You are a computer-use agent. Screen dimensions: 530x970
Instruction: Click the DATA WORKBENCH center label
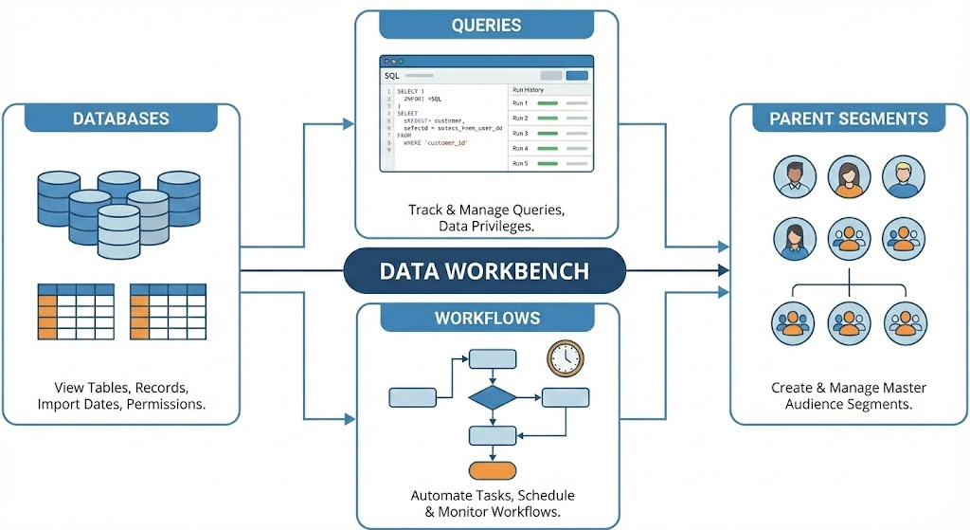(484, 271)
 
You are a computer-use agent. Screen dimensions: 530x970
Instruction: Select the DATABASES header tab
(121, 119)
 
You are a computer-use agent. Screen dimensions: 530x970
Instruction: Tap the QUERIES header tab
(486, 26)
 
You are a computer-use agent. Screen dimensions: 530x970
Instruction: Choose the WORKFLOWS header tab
(487, 318)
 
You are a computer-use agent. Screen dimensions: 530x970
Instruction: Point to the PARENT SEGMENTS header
(849, 119)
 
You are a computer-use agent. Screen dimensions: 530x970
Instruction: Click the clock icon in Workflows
(565, 357)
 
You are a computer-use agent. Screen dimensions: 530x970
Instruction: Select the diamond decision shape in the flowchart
(492, 396)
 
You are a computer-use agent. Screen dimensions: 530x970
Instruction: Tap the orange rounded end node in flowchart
(492, 469)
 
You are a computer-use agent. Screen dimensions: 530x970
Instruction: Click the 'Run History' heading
(529, 89)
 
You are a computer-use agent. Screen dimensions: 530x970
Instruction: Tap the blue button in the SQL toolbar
(577, 75)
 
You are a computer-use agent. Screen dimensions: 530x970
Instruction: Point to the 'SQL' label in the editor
(392, 75)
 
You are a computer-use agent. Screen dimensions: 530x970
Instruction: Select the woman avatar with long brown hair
(849, 178)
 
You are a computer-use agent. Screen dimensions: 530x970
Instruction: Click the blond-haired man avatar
(902, 177)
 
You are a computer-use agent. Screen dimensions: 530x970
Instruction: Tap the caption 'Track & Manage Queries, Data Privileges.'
(486, 218)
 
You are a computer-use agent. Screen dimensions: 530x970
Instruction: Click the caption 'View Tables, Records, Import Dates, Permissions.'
(121, 396)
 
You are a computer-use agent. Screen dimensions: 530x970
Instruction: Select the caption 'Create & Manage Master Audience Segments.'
(849, 396)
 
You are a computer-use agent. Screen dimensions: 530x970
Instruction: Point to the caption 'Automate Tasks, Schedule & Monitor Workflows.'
(492, 503)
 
